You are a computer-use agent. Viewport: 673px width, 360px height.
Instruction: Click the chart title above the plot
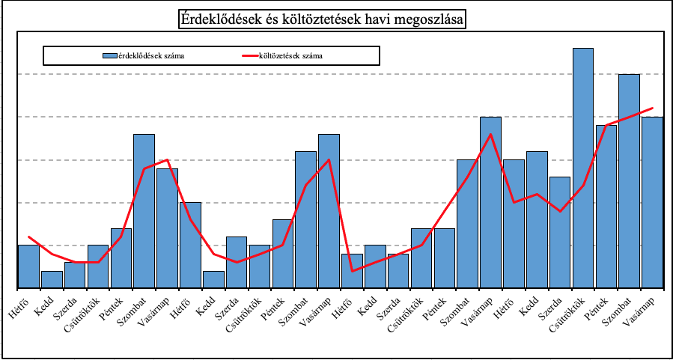(321, 19)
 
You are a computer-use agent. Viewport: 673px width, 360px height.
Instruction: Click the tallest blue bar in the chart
(582, 168)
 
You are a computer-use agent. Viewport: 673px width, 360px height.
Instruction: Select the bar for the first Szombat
(144, 211)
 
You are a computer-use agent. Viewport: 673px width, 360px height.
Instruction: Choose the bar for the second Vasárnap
(329, 211)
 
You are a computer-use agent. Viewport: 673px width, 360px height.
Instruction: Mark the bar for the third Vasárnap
(490, 202)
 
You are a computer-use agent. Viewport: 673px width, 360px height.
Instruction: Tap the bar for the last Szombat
(629, 181)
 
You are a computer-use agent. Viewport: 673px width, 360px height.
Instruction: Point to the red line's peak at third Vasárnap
(490, 135)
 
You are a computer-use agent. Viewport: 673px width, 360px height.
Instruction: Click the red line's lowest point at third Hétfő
(352, 271)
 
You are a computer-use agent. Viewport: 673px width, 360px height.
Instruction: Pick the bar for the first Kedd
(52, 279)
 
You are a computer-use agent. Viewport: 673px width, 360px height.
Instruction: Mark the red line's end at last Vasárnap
(653, 109)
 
